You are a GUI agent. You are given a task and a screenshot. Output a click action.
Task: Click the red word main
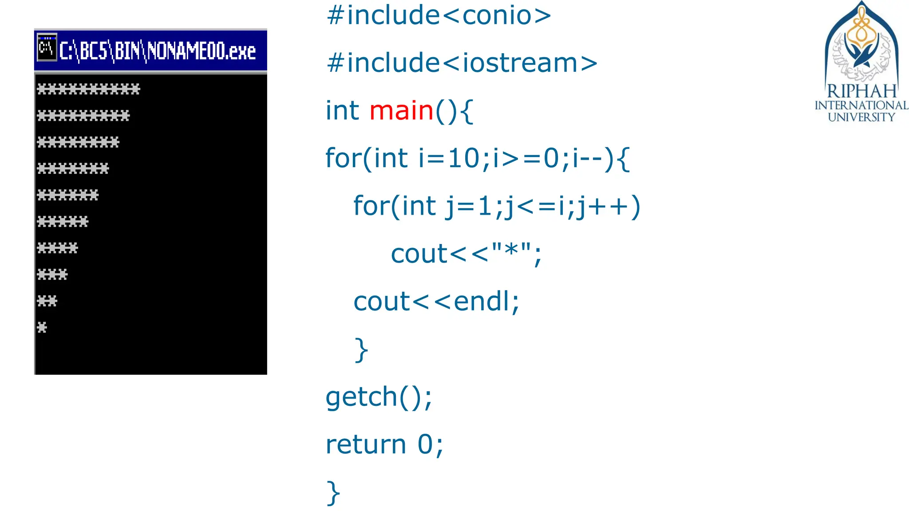point(401,110)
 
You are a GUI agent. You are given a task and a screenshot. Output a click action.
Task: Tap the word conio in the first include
point(497,16)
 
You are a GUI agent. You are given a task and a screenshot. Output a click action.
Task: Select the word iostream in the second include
point(520,63)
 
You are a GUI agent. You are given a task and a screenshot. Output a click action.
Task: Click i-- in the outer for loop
point(587,158)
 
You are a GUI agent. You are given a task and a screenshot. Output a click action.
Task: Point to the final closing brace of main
point(333,493)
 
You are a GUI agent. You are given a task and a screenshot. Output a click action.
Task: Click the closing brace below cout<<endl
point(361,350)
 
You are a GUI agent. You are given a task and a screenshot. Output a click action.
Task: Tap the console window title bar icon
point(46,47)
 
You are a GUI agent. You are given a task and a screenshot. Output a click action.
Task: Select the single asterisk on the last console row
point(42,328)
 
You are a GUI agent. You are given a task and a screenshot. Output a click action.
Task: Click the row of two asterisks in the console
point(47,301)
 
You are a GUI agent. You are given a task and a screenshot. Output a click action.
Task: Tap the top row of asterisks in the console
point(88,89)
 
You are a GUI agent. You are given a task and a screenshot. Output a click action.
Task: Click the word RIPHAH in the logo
point(862,91)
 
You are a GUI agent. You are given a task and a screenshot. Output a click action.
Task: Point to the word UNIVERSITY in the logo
point(862,117)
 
